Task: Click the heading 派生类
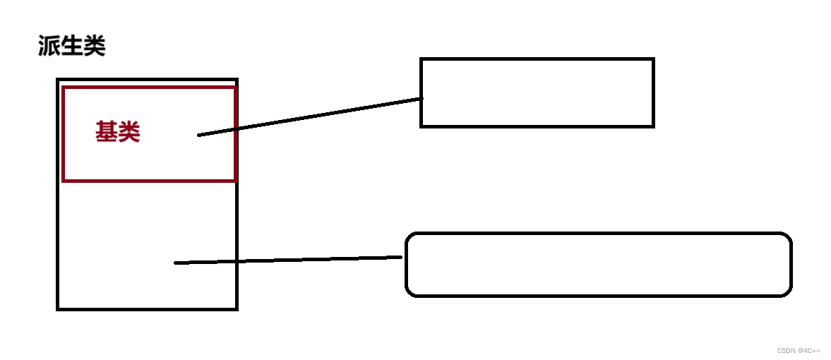pyautogui.click(x=72, y=47)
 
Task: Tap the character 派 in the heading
pyautogui.click(x=49, y=47)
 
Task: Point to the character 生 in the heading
pyautogui.click(x=72, y=47)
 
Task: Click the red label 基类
pyautogui.click(x=118, y=132)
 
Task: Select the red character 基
pyautogui.click(x=107, y=132)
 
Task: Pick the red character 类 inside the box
pyautogui.click(x=129, y=132)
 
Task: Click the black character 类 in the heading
pyautogui.click(x=95, y=47)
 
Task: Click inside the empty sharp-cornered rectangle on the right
pyautogui.click(x=537, y=92)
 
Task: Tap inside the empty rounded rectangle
pyautogui.click(x=598, y=264)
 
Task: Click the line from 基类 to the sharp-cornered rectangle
pyautogui.click(x=311, y=116)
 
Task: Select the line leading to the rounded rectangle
pyautogui.click(x=289, y=260)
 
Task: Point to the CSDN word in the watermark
pyautogui.click(x=786, y=351)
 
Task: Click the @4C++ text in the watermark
pyautogui.click(x=809, y=351)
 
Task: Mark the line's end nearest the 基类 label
pyautogui.click(x=199, y=135)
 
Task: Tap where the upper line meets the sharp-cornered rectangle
pyautogui.click(x=421, y=99)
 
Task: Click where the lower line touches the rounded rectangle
pyautogui.click(x=405, y=257)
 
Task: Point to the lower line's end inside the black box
pyautogui.click(x=176, y=263)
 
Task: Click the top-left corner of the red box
pyautogui.click(x=64, y=88)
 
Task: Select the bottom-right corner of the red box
pyautogui.click(x=234, y=181)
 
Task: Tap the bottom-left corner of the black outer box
pyautogui.click(x=58, y=308)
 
